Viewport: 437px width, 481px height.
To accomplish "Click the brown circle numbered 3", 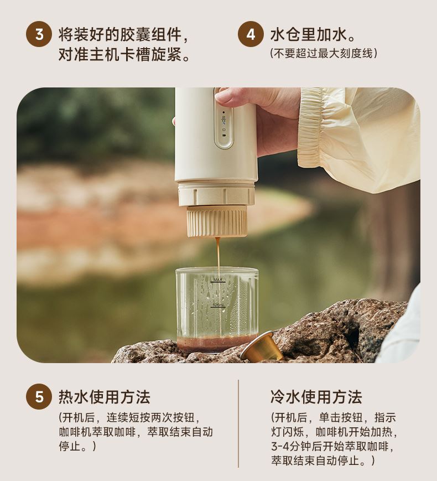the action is [39, 34].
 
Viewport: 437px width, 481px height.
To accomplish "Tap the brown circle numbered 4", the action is [251, 34].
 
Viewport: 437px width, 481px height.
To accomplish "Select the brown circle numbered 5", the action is [39, 397].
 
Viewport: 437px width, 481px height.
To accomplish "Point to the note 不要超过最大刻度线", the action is [324, 53].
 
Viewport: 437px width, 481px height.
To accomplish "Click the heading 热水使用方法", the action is [105, 397].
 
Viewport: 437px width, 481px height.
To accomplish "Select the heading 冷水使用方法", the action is [316, 397].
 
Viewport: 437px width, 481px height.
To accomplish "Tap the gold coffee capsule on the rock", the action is [262, 347].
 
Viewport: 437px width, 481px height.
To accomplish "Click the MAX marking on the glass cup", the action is [218, 280].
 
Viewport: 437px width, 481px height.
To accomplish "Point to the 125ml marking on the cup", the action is [218, 305].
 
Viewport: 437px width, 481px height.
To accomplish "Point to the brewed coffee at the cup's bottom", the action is [216, 343].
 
